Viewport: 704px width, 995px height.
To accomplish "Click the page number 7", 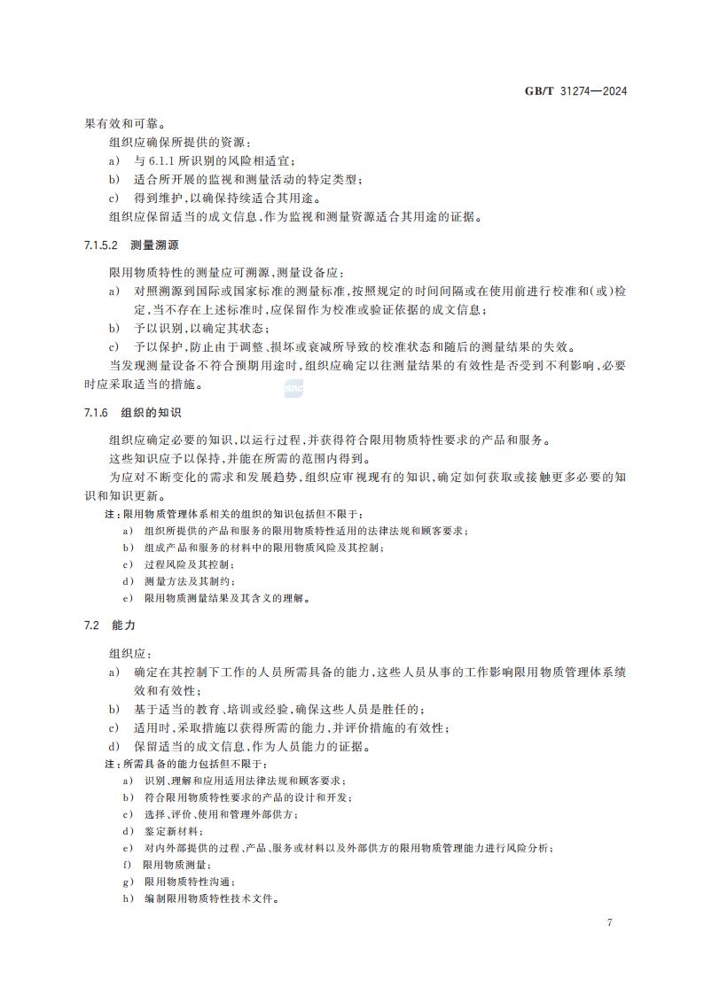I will pyautogui.click(x=610, y=922).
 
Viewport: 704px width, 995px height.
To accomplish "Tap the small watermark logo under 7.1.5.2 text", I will pyautogui.click(x=293, y=388).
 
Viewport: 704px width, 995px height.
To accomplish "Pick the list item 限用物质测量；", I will pyautogui.click(x=177, y=864).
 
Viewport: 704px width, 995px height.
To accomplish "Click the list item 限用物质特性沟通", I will pyautogui.click(x=188, y=882).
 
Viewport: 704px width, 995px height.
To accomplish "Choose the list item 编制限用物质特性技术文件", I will pyautogui.click(x=212, y=898).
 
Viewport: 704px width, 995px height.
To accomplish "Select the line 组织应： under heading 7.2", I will pyautogui.click(x=131, y=653).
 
